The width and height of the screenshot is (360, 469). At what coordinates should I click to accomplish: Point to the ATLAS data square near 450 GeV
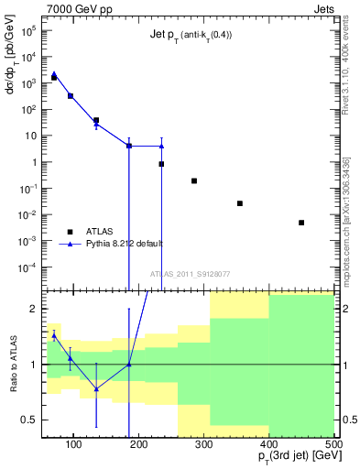301,223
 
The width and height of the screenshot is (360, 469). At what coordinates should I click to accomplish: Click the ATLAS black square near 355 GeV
240,203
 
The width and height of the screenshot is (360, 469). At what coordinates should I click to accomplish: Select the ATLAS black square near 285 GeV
194,180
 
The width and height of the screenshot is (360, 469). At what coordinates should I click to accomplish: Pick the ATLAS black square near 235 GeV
161,164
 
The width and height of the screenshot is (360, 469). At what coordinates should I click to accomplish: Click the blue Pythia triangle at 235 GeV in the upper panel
161,146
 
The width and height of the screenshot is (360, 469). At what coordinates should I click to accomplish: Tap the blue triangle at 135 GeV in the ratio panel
96,388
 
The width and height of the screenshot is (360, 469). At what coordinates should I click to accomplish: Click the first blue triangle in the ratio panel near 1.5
54,336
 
